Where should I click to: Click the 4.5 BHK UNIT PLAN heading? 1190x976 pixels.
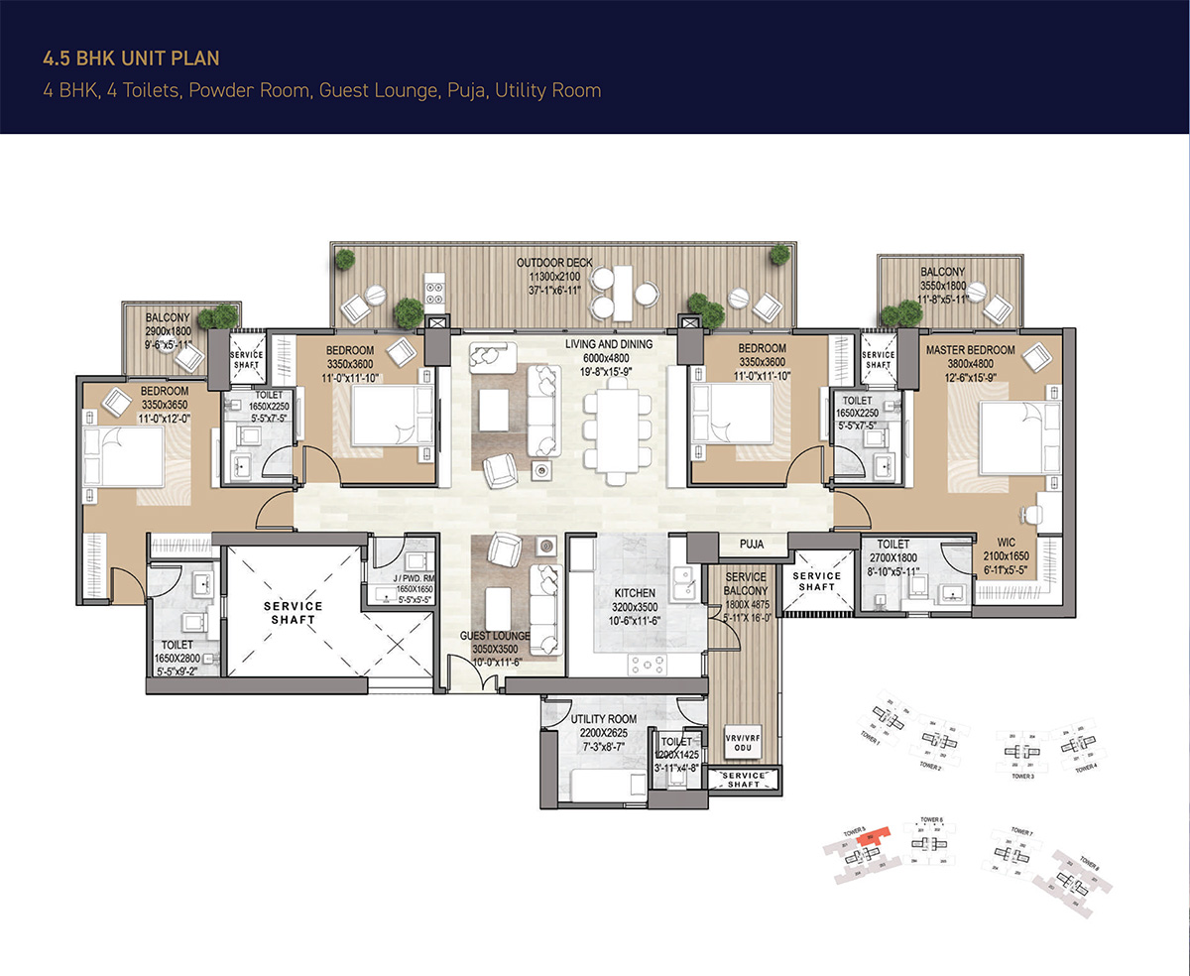point(131,59)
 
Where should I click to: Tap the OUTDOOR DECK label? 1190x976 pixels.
point(554,263)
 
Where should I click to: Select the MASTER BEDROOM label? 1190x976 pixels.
point(970,350)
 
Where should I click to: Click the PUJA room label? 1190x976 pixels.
point(755,544)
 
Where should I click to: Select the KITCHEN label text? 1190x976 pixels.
point(635,593)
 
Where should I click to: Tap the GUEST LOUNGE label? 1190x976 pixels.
point(495,636)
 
